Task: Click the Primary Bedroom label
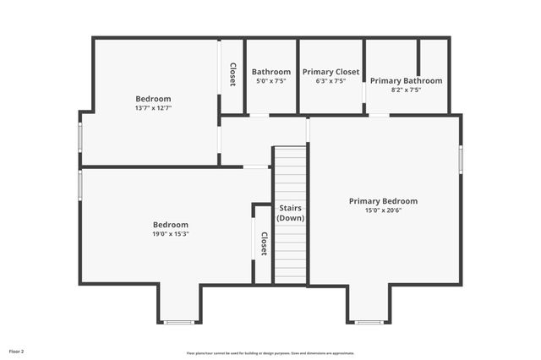click(383, 201)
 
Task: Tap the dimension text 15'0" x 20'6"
click(383, 210)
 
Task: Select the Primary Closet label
click(331, 72)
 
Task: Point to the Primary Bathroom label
click(406, 81)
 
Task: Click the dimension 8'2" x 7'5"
click(406, 90)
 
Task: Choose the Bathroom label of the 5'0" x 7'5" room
click(270, 72)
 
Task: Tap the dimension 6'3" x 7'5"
click(331, 81)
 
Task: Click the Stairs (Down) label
click(290, 213)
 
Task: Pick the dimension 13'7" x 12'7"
click(153, 108)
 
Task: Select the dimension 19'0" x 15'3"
click(170, 234)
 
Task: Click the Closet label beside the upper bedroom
click(232, 74)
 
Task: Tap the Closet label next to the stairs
click(264, 243)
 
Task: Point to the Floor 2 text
click(17, 350)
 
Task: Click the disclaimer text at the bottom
click(270, 353)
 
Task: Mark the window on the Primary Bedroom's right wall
click(461, 159)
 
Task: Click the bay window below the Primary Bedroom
click(369, 322)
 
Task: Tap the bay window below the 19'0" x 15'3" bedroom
click(179, 322)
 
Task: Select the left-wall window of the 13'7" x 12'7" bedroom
click(80, 137)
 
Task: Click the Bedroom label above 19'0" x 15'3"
click(170, 225)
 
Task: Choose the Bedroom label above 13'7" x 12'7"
click(153, 99)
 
